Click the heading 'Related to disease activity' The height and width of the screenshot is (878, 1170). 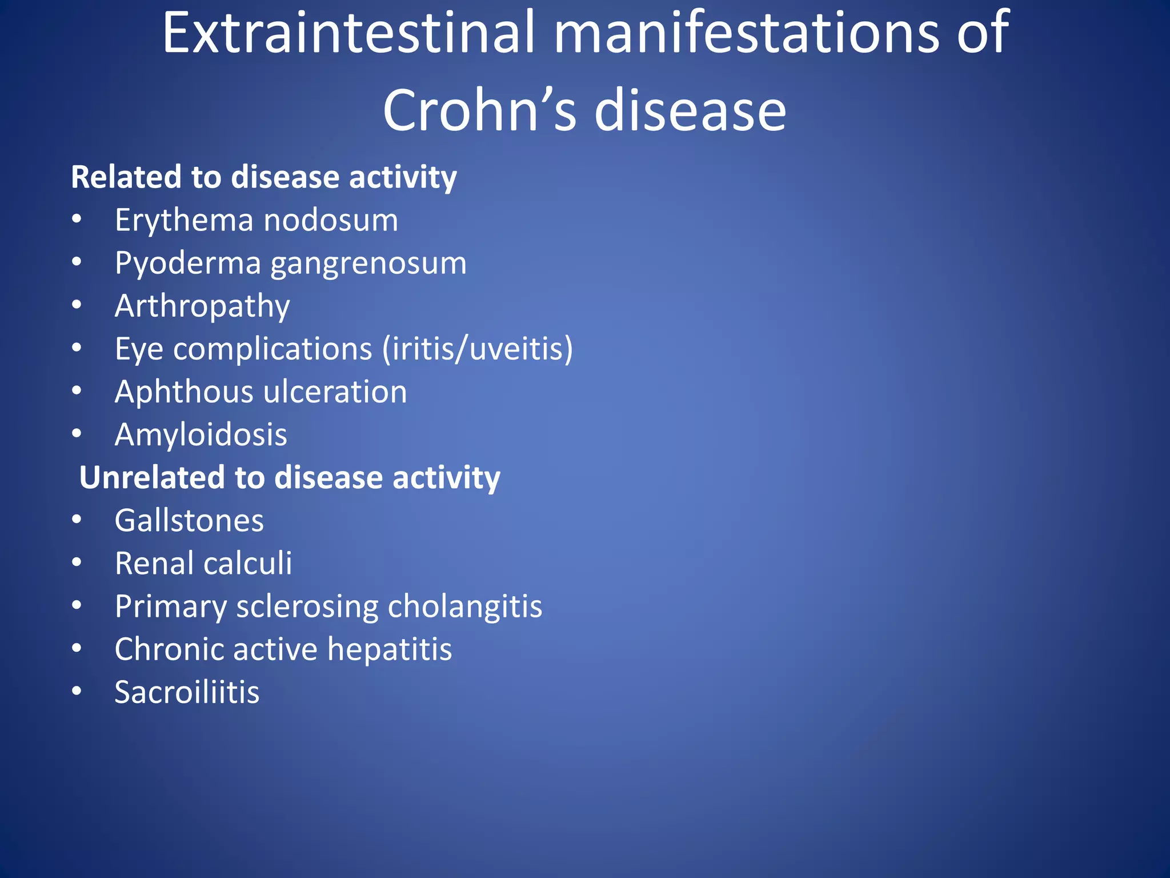coord(263,177)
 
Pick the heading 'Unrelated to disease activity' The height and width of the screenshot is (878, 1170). coord(289,478)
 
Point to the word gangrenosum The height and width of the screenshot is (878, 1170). coord(368,264)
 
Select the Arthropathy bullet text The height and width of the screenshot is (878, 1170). coord(202,306)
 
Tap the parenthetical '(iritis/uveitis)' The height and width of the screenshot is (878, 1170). coord(478,349)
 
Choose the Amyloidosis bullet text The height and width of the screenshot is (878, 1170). coord(201,435)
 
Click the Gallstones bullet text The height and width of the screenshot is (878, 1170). coord(189,521)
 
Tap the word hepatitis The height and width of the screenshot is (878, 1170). coord(390,649)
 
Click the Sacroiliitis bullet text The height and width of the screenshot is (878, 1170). coord(187,692)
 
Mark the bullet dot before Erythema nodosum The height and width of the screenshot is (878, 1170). coord(77,219)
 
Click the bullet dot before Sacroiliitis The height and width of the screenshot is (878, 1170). coord(77,691)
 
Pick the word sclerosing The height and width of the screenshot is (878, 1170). coord(307,606)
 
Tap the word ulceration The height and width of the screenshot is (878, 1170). coord(335,392)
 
